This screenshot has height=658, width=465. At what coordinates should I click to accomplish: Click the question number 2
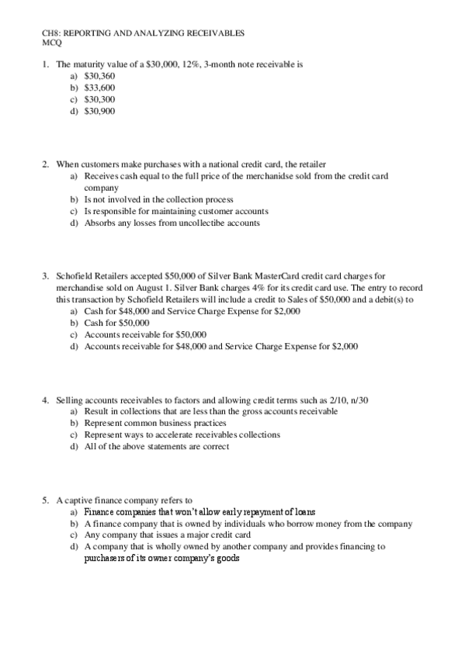pyautogui.click(x=46, y=164)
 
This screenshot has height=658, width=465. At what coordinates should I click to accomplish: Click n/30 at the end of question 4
pyautogui.click(x=357, y=400)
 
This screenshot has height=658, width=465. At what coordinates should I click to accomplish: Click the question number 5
pyautogui.click(x=46, y=500)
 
